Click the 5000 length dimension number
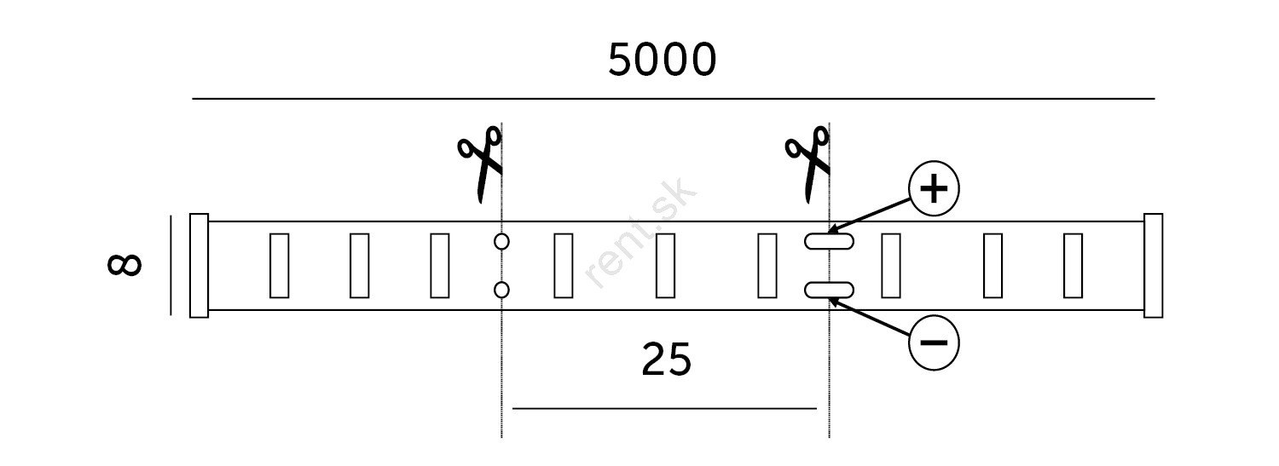[662, 60]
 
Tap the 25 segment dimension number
[666, 360]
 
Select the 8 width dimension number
[124, 265]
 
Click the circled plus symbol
[934, 188]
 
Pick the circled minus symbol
[934, 342]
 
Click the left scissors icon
[480, 164]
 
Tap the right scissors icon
[808, 164]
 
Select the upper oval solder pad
[829, 241]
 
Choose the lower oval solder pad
[829, 291]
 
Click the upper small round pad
[501, 241]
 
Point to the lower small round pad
[501, 291]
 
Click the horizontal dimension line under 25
[664, 408]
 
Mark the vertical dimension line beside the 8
[171, 265]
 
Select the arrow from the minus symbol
[870, 316]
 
